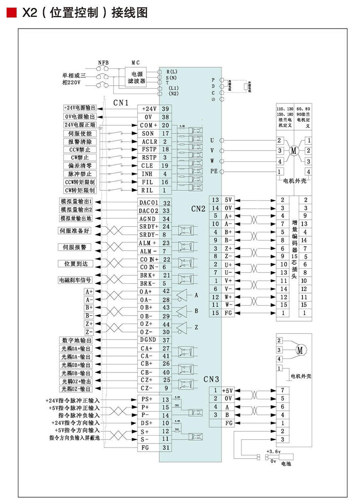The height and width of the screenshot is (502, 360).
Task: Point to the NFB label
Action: point(103,63)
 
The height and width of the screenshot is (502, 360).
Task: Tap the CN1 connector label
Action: point(120,103)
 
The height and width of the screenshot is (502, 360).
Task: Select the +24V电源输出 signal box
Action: point(80,108)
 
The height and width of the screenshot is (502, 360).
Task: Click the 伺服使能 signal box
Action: point(80,133)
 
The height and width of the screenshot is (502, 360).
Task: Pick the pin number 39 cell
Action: point(165,109)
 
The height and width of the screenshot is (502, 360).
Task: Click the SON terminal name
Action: point(148,133)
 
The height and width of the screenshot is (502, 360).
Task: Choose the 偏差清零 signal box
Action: point(80,166)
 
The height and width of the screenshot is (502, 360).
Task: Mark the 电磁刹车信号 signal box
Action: point(75,280)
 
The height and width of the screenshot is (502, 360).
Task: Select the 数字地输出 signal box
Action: point(75,340)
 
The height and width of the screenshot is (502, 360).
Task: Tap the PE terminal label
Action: point(214,171)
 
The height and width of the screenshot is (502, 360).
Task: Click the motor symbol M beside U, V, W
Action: point(294,151)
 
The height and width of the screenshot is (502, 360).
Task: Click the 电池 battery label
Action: point(286,464)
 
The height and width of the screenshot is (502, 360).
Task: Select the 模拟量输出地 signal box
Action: point(76,219)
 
